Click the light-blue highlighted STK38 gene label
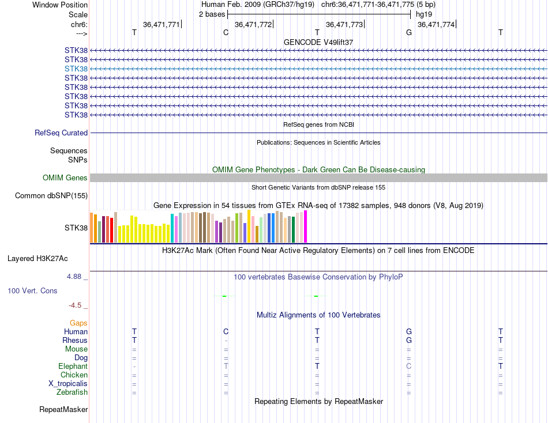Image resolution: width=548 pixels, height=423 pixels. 76,69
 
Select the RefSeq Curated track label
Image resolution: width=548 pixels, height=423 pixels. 61,133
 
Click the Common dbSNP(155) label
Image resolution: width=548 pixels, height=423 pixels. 51,196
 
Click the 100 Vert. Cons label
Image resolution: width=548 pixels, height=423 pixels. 32,291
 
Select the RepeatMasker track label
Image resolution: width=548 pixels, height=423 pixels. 63,410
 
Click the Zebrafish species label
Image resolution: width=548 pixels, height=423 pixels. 73,392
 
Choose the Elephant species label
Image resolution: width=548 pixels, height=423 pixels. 73,367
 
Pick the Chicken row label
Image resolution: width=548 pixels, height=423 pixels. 74,375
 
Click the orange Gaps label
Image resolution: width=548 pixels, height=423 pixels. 78,323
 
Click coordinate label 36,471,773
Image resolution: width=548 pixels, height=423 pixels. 344,24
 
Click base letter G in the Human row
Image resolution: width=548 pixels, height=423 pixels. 409,332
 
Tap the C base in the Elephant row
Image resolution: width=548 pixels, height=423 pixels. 409,367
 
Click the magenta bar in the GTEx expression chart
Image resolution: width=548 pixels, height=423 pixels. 306,226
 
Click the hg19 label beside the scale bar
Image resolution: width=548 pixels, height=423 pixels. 423,14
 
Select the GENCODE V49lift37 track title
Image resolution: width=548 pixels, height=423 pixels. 318,43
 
